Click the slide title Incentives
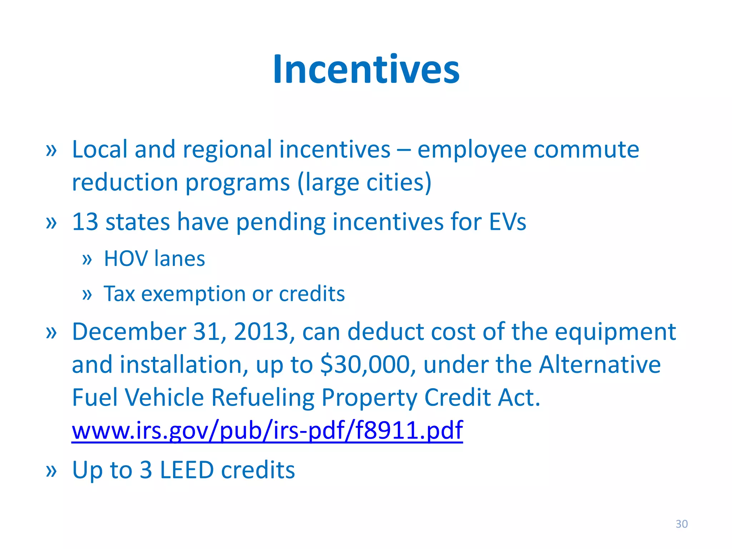(366, 69)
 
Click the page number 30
(681, 524)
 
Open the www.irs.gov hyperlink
(267, 430)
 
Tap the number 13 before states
(85, 222)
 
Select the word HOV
(125, 259)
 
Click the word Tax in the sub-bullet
(119, 294)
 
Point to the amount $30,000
(368, 365)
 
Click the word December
(129, 332)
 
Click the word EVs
(508, 222)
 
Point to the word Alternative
(600, 365)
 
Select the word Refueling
(262, 397)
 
